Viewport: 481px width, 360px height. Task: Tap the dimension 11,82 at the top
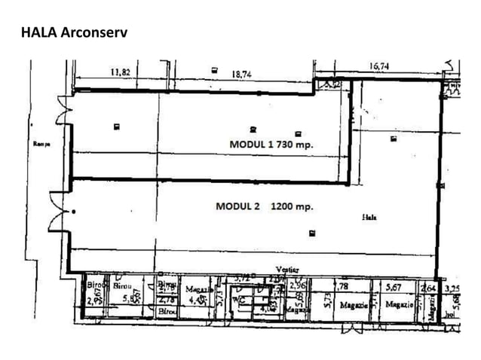[x=121, y=72]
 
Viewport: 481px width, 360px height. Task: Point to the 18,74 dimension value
[x=241, y=74]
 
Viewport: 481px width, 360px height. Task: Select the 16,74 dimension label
[x=380, y=66]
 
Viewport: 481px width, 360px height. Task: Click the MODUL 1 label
[x=253, y=143]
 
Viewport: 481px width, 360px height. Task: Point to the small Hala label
[x=369, y=216]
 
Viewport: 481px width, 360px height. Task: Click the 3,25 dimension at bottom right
[x=452, y=288]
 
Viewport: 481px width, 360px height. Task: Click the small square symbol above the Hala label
[x=393, y=139]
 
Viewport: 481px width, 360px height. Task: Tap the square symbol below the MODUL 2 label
[x=312, y=232]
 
